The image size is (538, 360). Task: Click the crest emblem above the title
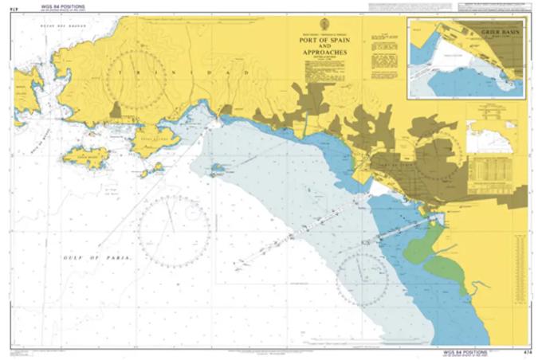point(324,24)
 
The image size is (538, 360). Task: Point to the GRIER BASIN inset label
point(499,33)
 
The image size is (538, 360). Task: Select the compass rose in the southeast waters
point(361,280)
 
